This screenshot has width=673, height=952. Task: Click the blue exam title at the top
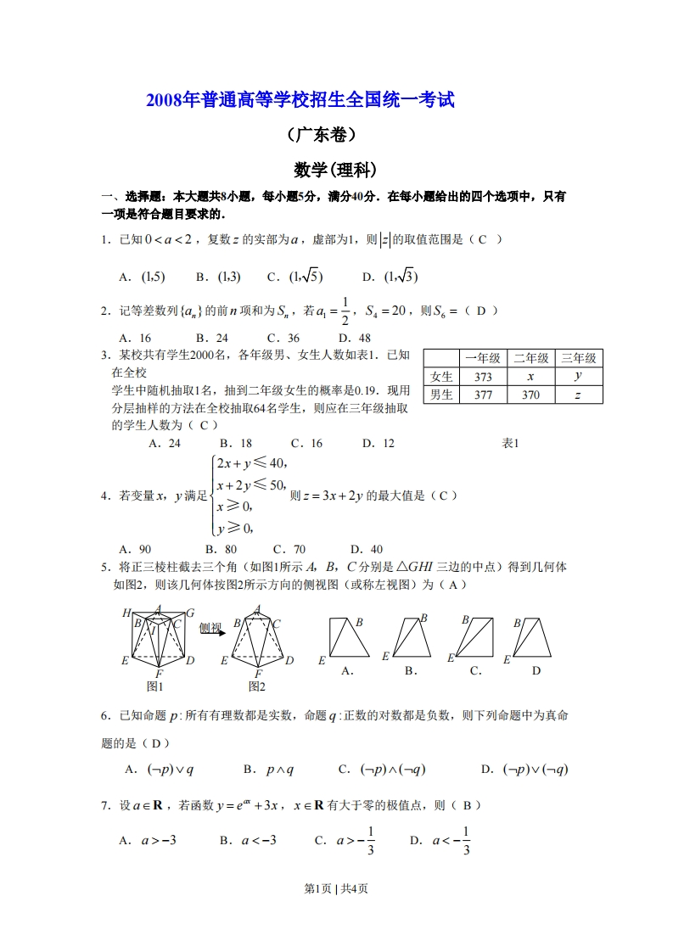[x=300, y=100]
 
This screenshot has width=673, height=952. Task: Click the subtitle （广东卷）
[x=322, y=135]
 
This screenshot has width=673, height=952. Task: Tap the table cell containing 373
[x=483, y=377]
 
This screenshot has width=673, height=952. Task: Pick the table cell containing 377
[x=483, y=395]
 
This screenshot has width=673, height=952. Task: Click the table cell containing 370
[x=530, y=395]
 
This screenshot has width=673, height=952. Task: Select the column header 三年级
[x=579, y=358]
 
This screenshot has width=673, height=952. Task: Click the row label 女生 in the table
[x=441, y=377]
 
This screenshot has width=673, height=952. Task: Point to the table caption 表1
[x=510, y=443]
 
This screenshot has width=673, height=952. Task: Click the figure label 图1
[x=154, y=686]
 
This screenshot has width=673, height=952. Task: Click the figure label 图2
[x=257, y=686]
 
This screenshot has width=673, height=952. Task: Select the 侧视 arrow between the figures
[x=212, y=629]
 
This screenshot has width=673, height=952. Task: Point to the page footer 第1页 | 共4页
[x=335, y=888]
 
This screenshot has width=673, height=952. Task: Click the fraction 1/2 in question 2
[x=345, y=311]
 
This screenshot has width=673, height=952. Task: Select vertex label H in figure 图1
[x=126, y=613]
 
